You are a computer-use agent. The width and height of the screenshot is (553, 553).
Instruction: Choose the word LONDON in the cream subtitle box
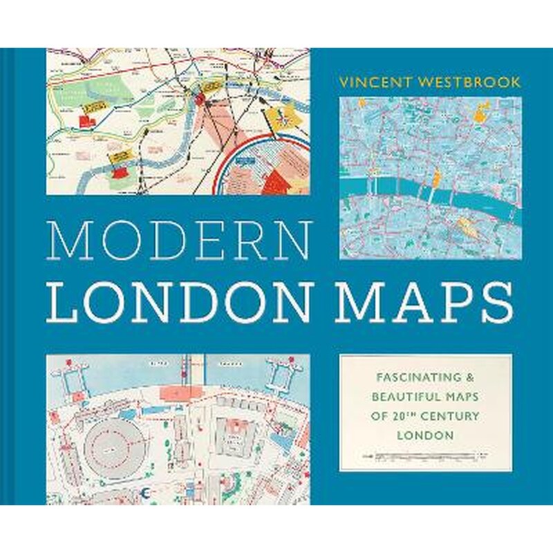click(425, 435)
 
